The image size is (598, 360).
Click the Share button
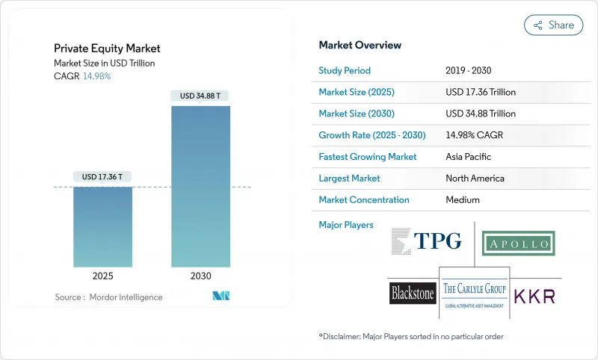click(553, 25)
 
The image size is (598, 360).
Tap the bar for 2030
click(200, 186)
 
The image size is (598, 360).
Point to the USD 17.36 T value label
click(103, 177)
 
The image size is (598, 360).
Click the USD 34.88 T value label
click(200, 96)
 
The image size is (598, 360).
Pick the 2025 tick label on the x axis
click(103, 276)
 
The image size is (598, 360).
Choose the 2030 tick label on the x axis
click(200, 276)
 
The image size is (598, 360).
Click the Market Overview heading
click(360, 46)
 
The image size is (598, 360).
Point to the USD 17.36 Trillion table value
click(480, 92)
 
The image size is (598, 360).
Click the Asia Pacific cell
click(469, 157)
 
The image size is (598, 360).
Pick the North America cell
click(474, 179)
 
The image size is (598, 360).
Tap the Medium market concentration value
click(462, 200)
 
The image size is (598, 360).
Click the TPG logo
click(427, 240)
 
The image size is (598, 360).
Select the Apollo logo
click(518, 243)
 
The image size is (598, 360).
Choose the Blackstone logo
click(413, 293)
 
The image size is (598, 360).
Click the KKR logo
click(534, 295)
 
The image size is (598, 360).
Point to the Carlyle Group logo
click(474, 292)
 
